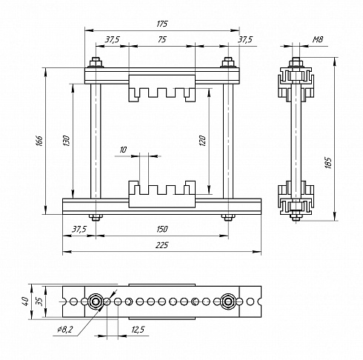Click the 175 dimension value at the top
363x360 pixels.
[162, 24]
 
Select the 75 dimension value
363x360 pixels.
[162, 39]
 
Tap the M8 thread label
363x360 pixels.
[318, 39]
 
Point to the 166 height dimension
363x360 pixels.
[40, 141]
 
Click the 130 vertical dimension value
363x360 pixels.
[67, 141]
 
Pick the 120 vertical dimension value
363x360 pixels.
[202, 141]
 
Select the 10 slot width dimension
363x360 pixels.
[123, 150]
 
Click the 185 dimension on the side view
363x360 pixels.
[328, 163]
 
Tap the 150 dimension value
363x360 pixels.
[162, 229]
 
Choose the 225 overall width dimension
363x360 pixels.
[162, 245]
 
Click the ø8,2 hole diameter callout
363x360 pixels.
[65, 329]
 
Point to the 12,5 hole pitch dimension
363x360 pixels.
[138, 330]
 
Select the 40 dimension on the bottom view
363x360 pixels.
[26, 301]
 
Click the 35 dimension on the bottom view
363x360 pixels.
[40, 301]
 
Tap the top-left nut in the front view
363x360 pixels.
[96, 62]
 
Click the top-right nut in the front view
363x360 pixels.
[228, 62]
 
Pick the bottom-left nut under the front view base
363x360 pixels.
[96, 217]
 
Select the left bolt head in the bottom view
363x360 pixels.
[96, 301]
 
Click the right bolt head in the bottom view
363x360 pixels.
[228, 301]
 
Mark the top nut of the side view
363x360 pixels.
[296, 62]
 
